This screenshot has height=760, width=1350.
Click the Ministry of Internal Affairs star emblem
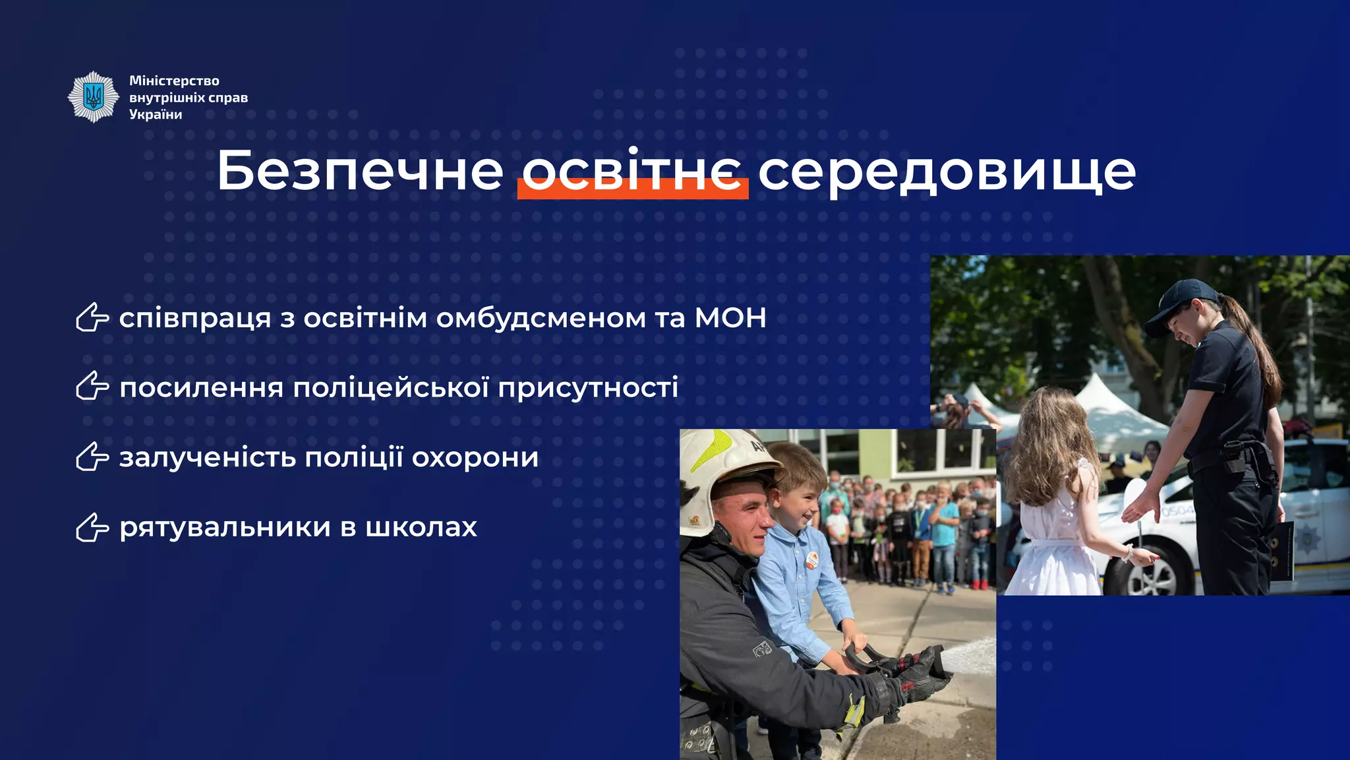pyautogui.click(x=94, y=97)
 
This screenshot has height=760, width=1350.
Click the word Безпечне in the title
pyautogui.click(x=360, y=171)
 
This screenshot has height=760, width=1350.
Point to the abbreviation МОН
pyautogui.click(x=730, y=318)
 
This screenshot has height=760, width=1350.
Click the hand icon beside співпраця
pyautogui.click(x=92, y=318)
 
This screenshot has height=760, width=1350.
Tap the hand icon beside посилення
pyautogui.click(x=92, y=387)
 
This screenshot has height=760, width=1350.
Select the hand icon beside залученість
pyautogui.click(x=92, y=457)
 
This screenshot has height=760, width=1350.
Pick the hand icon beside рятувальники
pyautogui.click(x=92, y=527)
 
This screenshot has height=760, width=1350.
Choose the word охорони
pyautogui.click(x=475, y=457)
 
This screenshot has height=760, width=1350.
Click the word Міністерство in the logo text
pyautogui.click(x=174, y=80)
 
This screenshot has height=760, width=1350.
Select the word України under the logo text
pyautogui.click(x=156, y=114)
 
